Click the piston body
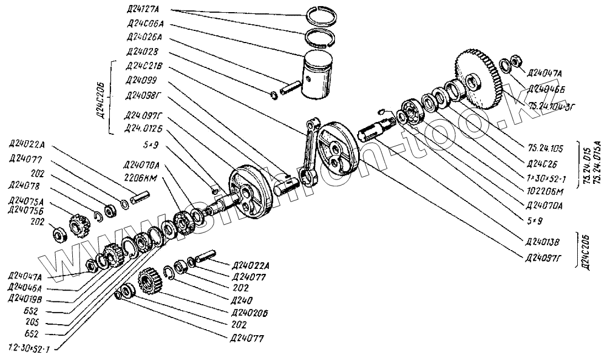323,77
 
